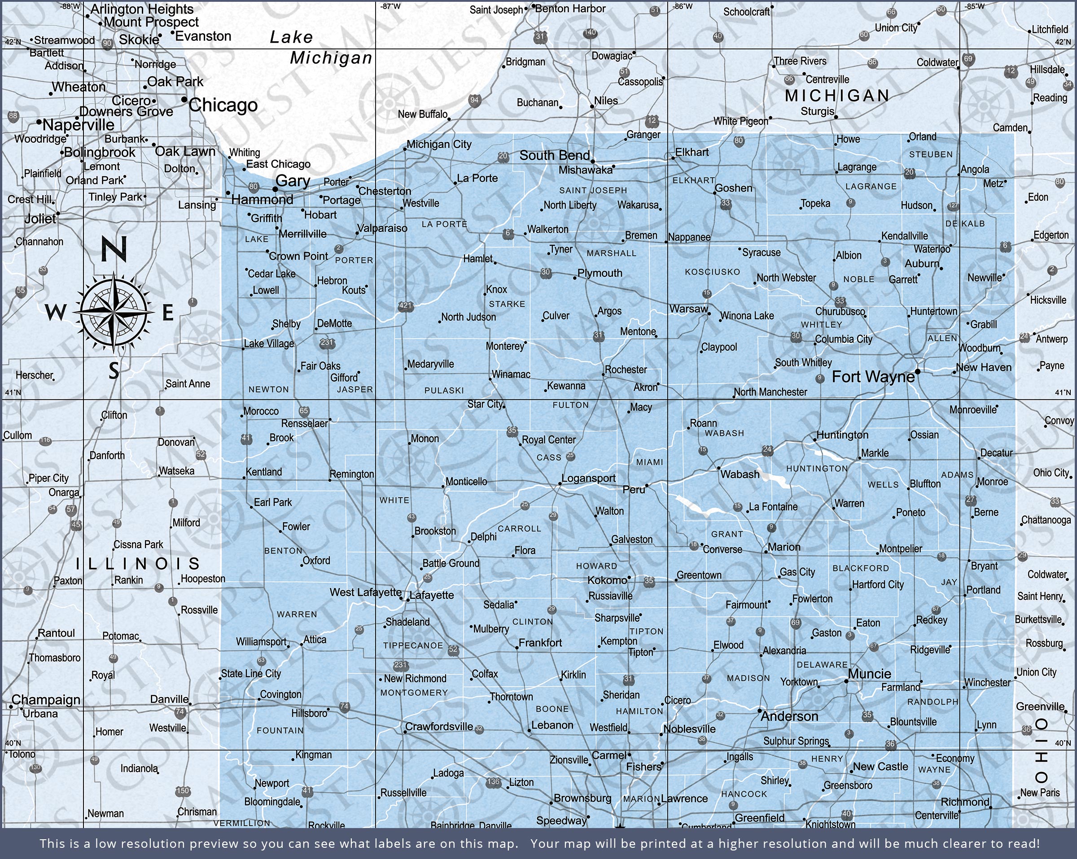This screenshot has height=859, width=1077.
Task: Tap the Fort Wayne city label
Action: [873, 376]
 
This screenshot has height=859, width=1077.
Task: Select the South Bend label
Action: [555, 155]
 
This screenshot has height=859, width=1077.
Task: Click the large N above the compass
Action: [114, 249]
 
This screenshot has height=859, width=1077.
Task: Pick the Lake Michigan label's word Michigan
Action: [331, 58]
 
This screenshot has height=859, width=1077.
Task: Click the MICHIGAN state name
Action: [837, 96]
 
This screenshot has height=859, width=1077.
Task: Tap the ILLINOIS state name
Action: [138, 564]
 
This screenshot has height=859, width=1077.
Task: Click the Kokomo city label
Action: [607, 580]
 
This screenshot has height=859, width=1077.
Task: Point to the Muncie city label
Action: [869, 674]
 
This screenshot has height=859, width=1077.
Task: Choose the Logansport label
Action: [588, 478]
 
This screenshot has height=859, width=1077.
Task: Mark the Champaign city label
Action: [46, 700]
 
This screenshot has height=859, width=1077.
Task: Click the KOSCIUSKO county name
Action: [712, 272]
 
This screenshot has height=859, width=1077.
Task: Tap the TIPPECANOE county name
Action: [413, 645]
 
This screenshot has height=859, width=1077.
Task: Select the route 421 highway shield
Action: [406, 306]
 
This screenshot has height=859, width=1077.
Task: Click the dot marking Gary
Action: [275, 190]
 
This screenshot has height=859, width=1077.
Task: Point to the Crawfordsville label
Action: [438, 726]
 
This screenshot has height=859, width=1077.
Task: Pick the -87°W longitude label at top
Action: [390, 6]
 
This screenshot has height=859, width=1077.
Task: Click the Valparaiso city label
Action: [382, 228]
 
